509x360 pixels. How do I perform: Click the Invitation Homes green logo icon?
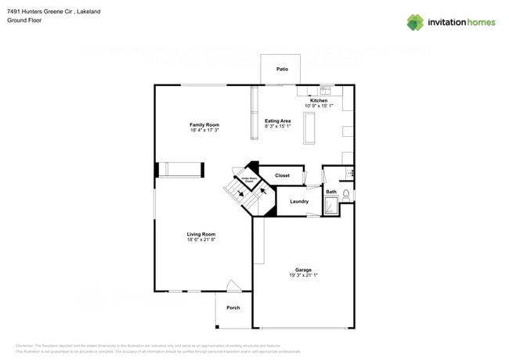click(x=415, y=23)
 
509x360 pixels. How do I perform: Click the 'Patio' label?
click(x=282, y=70)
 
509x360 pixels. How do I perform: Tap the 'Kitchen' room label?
click(x=319, y=101)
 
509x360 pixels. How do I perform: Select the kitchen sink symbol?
click(x=325, y=91)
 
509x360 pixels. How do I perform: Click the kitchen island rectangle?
click(x=309, y=127)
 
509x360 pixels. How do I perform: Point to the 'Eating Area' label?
click(x=277, y=121)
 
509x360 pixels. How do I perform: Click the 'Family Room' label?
click(x=204, y=125)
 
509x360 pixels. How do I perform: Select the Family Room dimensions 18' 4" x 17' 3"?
click(x=204, y=131)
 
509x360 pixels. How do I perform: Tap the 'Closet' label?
click(x=282, y=175)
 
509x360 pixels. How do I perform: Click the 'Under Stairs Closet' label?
click(x=247, y=179)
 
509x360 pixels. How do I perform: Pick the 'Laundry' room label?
click(x=298, y=201)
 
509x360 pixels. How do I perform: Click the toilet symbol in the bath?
click(x=346, y=193)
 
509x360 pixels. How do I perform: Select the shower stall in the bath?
click(x=331, y=205)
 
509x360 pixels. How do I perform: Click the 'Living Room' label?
click(x=201, y=234)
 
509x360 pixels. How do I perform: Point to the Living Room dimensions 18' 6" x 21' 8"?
click(x=201, y=239)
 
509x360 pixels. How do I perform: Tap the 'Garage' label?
click(x=303, y=270)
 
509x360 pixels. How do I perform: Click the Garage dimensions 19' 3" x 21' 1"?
click(x=303, y=275)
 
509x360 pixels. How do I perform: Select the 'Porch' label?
click(x=233, y=308)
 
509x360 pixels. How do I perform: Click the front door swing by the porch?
click(x=233, y=286)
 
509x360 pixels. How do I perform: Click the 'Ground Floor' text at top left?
click(x=24, y=20)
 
